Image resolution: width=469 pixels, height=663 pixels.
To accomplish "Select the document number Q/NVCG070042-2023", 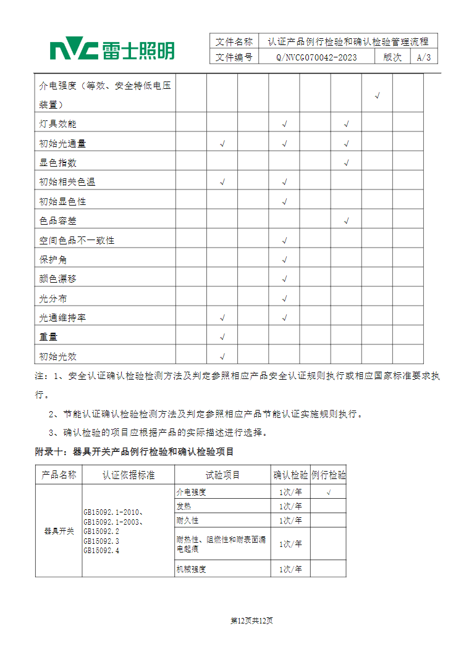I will click(x=316, y=57).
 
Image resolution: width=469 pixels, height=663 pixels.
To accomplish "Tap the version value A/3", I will click(x=424, y=57).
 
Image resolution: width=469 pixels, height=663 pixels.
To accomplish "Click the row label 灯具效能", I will click(x=57, y=124).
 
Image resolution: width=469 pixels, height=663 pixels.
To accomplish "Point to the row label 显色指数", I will click(x=57, y=163).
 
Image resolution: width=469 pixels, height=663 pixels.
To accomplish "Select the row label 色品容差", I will click(x=57, y=221).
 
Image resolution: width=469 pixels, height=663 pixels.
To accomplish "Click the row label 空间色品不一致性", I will click(x=77, y=240).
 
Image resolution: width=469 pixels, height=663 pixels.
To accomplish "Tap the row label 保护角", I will click(x=53, y=260).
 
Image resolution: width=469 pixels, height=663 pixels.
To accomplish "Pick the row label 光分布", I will click(x=53, y=299).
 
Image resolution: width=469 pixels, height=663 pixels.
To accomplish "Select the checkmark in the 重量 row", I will click(x=222, y=337).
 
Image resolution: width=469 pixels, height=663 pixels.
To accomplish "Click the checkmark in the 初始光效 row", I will click(x=222, y=357).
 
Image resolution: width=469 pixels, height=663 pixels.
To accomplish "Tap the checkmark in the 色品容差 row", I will click(x=347, y=221).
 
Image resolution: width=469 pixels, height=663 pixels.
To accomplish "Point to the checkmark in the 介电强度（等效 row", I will click(x=378, y=96).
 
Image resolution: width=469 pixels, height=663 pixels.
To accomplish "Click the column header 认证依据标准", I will click(x=129, y=475).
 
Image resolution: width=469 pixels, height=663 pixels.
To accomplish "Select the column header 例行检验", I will click(x=328, y=475).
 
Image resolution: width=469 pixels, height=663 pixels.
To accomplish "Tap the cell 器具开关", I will click(x=59, y=531).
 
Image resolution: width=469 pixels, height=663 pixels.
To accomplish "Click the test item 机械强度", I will click(x=191, y=569).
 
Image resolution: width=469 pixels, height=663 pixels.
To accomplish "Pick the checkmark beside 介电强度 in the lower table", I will click(x=328, y=492).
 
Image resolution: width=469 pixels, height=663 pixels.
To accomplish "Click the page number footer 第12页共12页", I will click(x=251, y=620).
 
